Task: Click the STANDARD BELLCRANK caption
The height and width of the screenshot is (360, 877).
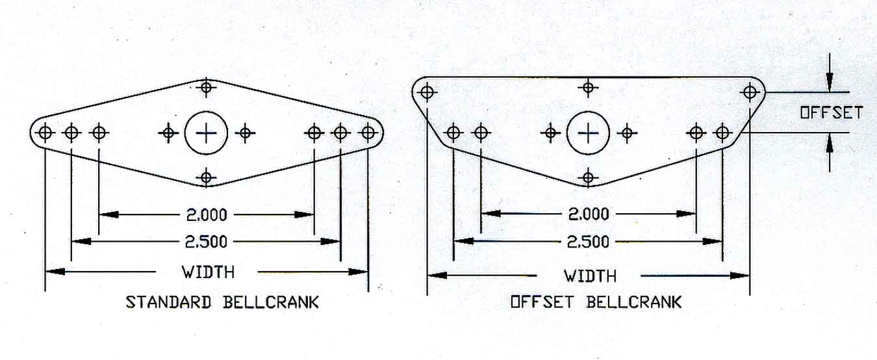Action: click(222, 302)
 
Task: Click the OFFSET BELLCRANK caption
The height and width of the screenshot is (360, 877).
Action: click(596, 302)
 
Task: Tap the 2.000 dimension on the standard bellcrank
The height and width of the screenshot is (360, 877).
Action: click(207, 214)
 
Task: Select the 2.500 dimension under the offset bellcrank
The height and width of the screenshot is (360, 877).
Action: click(588, 242)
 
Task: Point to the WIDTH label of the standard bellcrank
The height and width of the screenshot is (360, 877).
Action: click(208, 272)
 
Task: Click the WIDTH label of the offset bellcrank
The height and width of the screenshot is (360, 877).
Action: click(590, 276)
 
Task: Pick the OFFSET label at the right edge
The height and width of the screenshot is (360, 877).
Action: click(831, 113)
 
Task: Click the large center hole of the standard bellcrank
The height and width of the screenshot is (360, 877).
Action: click(206, 133)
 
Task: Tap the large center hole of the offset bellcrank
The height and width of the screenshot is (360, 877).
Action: click(588, 133)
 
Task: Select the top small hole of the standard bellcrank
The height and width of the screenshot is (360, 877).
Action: click(207, 87)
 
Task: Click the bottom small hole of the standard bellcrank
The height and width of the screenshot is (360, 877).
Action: click(207, 177)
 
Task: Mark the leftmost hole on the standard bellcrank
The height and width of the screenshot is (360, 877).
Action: click(45, 133)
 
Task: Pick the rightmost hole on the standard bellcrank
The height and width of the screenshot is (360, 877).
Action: click(368, 133)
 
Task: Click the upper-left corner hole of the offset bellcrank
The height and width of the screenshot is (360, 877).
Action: click(427, 93)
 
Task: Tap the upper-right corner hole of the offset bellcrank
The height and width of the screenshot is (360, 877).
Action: click(750, 93)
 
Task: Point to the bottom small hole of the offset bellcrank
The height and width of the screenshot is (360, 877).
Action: click(588, 177)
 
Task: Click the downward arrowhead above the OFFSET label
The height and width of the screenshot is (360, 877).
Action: click(829, 84)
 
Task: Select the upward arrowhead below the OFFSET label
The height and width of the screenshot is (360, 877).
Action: click(829, 142)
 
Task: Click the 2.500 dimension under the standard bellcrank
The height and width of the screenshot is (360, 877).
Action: click(206, 242)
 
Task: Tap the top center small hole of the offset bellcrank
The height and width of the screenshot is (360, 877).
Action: click(588, 87)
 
